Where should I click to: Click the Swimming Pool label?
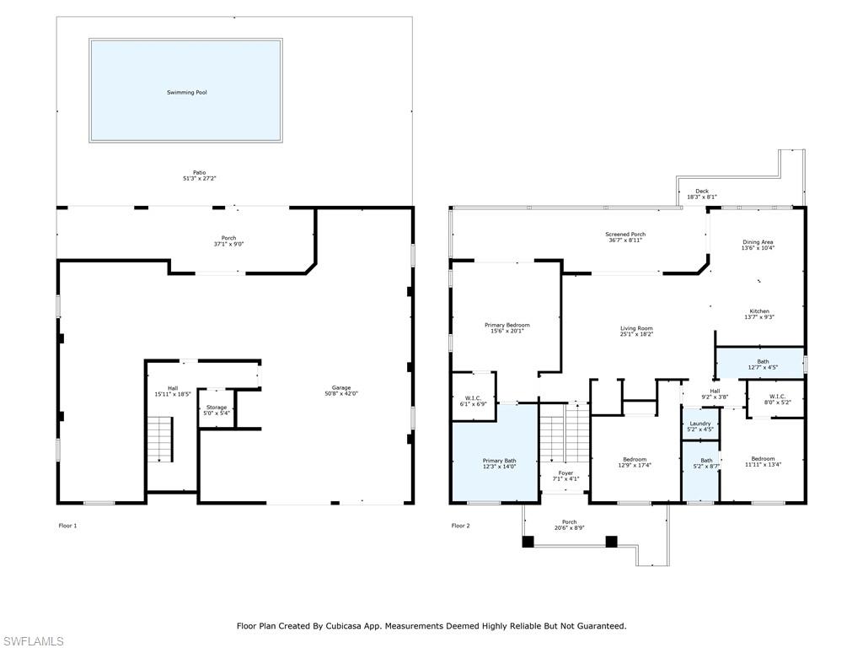[186, 92]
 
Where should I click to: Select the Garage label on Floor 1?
[340, 387]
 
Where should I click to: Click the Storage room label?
[217, 408]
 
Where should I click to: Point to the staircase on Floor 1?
[159, 439]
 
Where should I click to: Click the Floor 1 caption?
[67, 526]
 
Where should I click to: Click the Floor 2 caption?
[460, 526]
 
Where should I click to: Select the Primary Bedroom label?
[507, 325]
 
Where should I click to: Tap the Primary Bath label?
[499, 461]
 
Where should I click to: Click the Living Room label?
[636, 328]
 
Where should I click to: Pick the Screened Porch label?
[624, 235]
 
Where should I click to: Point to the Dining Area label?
[757, 242]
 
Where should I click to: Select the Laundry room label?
[700, 424]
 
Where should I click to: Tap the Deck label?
[701, 192]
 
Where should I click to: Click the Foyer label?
[566, 473]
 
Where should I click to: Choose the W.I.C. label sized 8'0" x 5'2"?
[777, 397]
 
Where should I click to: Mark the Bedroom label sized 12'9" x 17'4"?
[635, 460]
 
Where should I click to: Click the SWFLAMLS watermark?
[33, 641]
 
